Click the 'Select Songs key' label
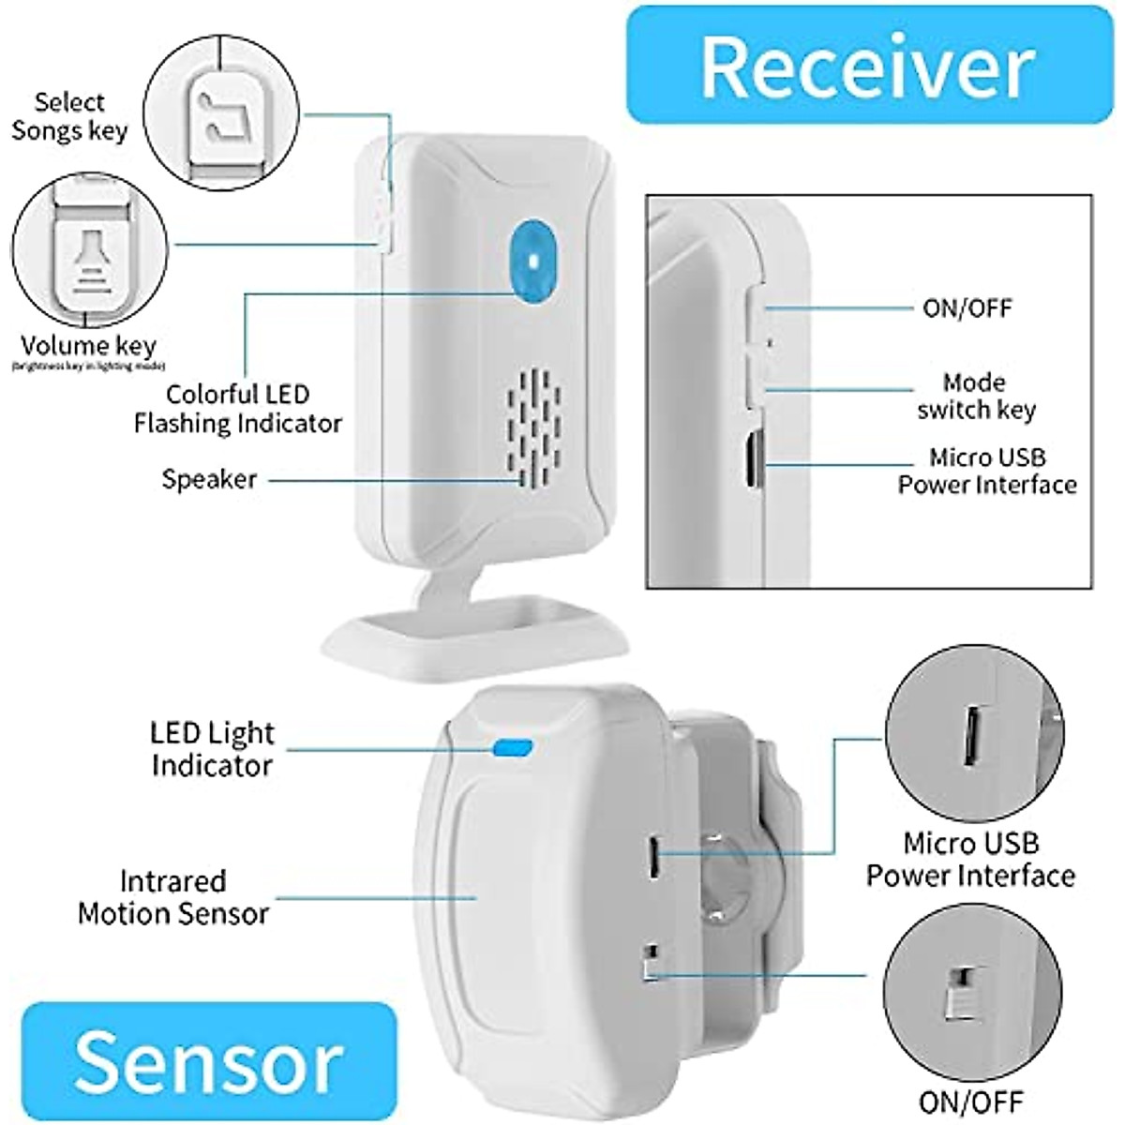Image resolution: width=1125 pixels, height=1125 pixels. pyautogui.click(x=69, y=116)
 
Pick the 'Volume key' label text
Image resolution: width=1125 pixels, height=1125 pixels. pyautogui.click(x=88, y=346)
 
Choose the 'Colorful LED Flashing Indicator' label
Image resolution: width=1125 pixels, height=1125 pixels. pyautogui.click(x=237, y=409)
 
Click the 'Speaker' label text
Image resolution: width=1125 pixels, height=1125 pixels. pyautogui.click(x=209, y=479)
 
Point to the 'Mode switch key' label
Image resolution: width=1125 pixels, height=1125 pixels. pyautogui.click(x=976, y=396)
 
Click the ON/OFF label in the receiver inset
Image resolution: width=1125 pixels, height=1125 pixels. pyautogui.click(x=967, y=308)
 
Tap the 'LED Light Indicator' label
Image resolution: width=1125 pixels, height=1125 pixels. pyautogui.click(x=212, y=748)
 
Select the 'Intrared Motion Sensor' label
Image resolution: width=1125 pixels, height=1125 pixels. pyautogui.click(x=173, y=897)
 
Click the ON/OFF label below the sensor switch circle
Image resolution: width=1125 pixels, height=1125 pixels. pyautogui.click(x=970, y=1101)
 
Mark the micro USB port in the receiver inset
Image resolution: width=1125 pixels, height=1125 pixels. pyautogui.click(x=752, y=460)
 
